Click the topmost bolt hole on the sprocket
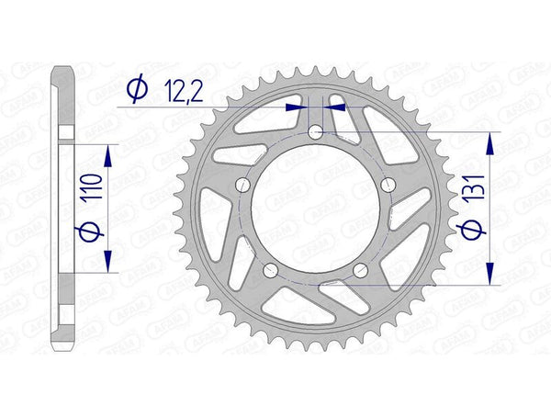click(316, 133)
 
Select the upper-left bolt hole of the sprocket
click(243, 186)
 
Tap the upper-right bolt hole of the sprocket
click(388, 186)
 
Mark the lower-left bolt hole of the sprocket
click(271, 270)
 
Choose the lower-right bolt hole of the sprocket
click(360, 270)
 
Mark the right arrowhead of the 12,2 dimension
click(337, 107)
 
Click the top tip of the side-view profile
click(63, 67)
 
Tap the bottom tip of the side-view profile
click(63, 350)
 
